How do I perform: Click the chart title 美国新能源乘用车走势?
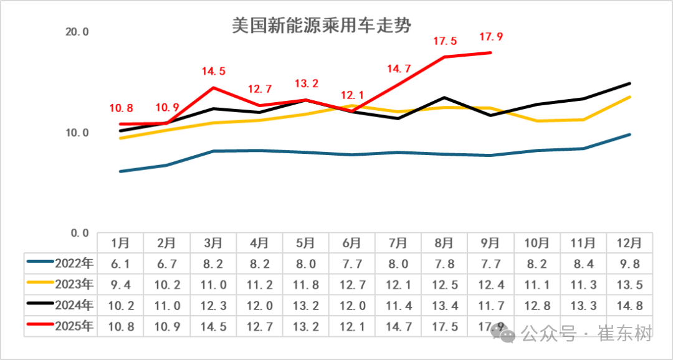point(322,26)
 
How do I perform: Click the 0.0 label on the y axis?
point(80,233)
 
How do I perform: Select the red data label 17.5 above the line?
point(445,42)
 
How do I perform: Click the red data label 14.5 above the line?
point(213,72)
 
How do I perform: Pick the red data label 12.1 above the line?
point(352,95)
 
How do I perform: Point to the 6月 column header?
point(352,242)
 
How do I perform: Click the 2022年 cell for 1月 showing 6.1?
point(120,263)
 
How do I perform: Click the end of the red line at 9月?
point(491,53)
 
